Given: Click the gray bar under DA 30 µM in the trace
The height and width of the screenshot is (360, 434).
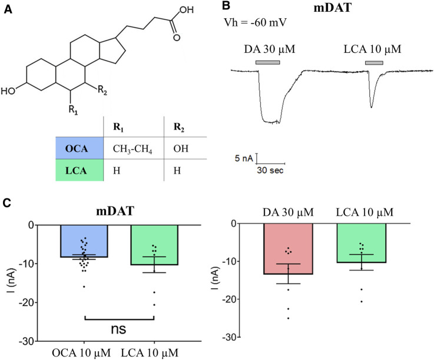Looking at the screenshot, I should tap(267, 62).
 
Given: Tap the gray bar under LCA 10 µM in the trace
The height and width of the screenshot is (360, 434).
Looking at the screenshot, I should tap(374, 62).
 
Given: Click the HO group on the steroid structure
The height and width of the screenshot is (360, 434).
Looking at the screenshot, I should tap(9, 91).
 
